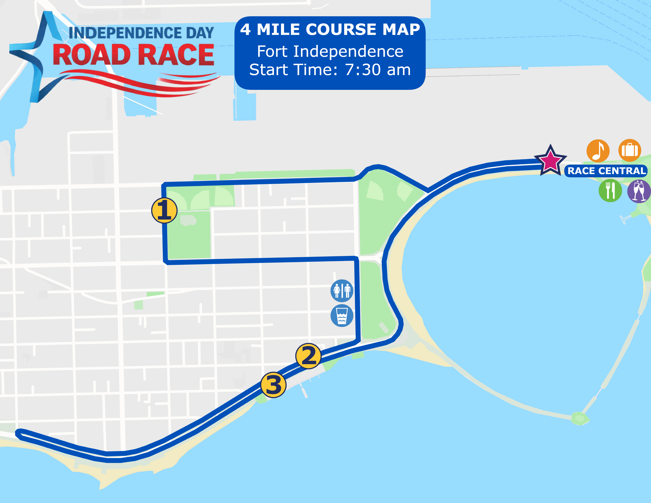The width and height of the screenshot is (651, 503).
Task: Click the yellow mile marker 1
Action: [x=164, y=211]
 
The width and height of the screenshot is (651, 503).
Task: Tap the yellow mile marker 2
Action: [x=308, y=356]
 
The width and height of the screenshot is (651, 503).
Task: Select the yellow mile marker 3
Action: [x=273, y=385]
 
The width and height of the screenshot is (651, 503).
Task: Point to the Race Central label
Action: [x=606, y=171]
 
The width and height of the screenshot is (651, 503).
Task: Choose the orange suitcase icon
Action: [x=629, y=150]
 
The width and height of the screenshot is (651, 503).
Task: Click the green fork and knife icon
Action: [x=610, y=191]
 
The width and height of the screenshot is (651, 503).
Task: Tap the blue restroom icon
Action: [x=342, y=290]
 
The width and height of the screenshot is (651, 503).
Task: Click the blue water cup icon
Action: [x=342, y=315]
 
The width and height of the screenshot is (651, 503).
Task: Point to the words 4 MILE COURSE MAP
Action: [x=330, y=29]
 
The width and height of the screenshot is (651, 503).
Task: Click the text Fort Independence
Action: [x=330, y=51]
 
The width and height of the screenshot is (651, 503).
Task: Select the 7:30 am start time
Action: [x=378, y=70]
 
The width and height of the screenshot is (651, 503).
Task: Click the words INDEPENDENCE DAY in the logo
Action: [x=141, y=33]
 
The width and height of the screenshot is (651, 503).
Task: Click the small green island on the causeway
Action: [x=580, y=418]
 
